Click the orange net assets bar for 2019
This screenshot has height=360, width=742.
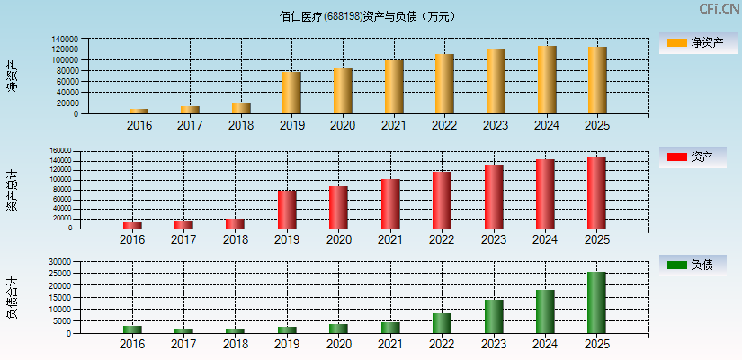291,93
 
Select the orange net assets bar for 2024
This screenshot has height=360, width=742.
547,80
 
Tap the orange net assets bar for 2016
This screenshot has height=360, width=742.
139,112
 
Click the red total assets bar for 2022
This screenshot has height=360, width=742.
441,200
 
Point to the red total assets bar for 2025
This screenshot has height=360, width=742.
596,193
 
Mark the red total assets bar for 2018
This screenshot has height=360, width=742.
235,223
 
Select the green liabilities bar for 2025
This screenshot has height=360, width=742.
596,302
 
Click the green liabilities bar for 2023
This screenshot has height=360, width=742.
494,317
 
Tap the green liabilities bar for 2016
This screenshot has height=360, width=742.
132,329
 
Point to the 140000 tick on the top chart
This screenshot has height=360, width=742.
64,39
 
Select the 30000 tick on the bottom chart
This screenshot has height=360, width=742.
61,262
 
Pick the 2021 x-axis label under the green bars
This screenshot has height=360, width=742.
389,345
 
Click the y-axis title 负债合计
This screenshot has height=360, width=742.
12,298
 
